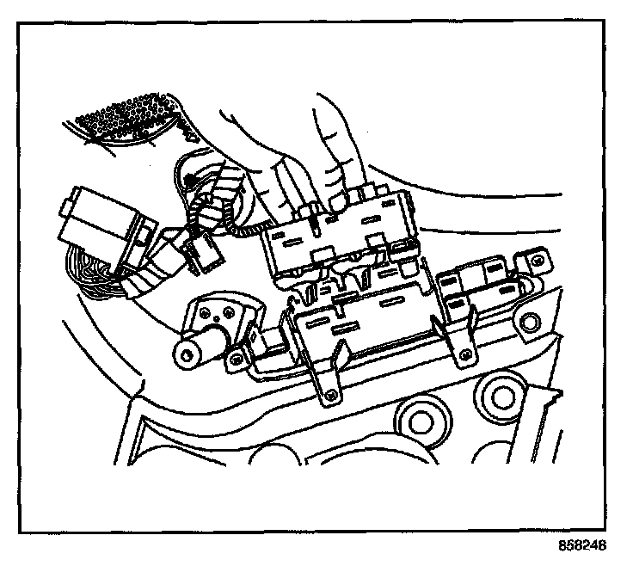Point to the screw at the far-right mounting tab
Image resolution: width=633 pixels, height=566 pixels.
pos(534,257)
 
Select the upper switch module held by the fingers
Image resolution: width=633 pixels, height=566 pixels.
pos(340,232)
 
